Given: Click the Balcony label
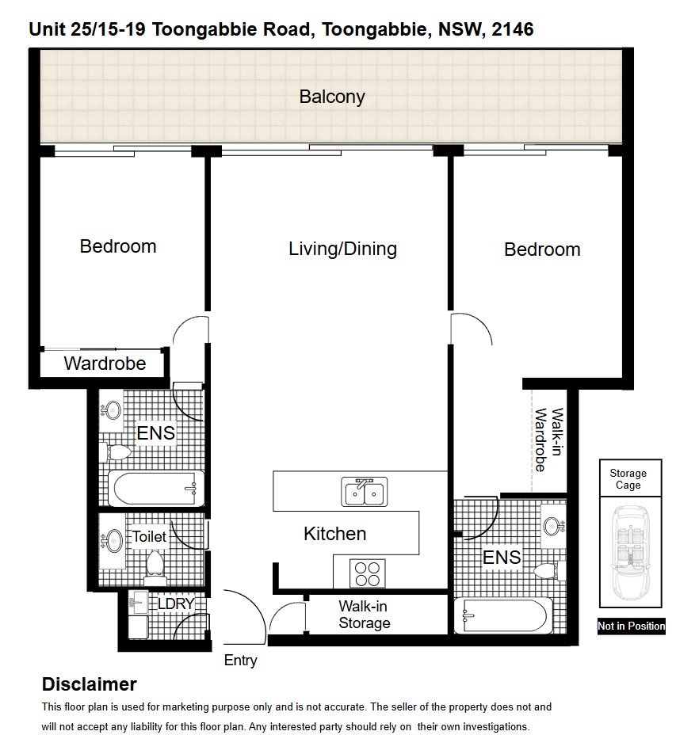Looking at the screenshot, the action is click(x=332, y=97).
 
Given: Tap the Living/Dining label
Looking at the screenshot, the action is click(x=342, y=249).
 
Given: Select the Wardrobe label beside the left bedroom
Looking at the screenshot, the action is click(x=105, y=364).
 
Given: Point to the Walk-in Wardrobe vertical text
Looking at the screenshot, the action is click(x=549, y=440).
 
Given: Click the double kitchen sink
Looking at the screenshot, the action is click(x=365, y=491).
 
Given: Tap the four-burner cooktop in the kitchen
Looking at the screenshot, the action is click(x=368, y=573).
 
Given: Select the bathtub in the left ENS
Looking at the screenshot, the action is click(x=156, y=488).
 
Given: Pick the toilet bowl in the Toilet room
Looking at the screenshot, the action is click(x=155, y=565).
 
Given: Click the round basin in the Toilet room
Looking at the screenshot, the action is click(x=113, y=541).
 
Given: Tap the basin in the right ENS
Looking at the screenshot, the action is click(x=553, y=526).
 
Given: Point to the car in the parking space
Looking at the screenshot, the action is click(x=630, y=550).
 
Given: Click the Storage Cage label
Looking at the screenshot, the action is click(x=628, y=479).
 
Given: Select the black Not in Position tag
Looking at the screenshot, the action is click(x=631, y=626).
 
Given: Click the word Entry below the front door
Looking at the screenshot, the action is click(x=241, y=661).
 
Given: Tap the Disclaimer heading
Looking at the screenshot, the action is click(x=90, y=684).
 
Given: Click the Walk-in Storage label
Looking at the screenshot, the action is click(x=364, y=615).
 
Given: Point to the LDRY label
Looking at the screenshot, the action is click(x=176, y=604).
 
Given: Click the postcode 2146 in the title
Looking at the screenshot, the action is click(x=512, y=30).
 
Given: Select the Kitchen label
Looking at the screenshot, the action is click(x=334, y=535).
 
